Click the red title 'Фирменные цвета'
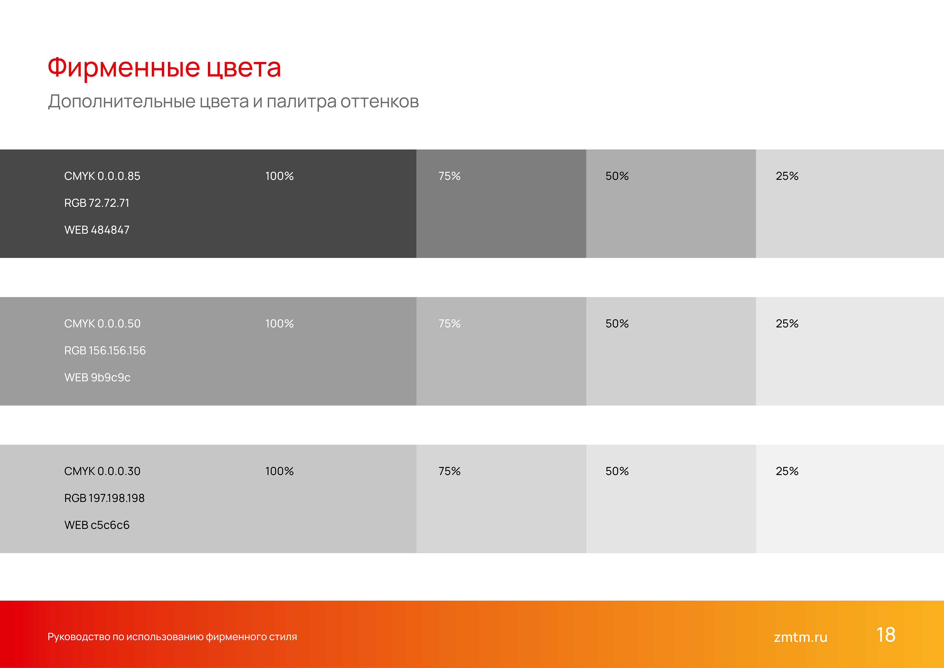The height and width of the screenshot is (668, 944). (x=164, y=68)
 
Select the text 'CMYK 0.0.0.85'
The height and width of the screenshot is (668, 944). (x=102, y=176)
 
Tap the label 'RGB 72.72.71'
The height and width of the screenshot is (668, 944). (x=97, y=203)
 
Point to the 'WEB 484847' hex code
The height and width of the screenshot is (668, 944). (x=97, y=230)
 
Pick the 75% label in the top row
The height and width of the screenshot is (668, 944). (x=449, y=176)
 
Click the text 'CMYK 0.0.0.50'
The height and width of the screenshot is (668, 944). (x=102, y=324)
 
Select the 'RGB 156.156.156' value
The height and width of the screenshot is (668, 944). (x=105, y=350)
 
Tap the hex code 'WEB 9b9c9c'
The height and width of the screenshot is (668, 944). (x=97, y=378)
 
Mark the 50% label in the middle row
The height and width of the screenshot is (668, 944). (x=617, y=324)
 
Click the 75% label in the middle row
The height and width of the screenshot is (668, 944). (x=449, y=324)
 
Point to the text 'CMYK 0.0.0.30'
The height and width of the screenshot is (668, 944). (x=102, y=471)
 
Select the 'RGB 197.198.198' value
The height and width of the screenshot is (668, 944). (x=104, y=498)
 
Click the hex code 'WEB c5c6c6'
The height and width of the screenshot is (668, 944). (x=97, y=525)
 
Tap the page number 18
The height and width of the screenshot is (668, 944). (x=886, y=635)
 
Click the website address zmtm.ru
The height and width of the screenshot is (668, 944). (x=800, y=637)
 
